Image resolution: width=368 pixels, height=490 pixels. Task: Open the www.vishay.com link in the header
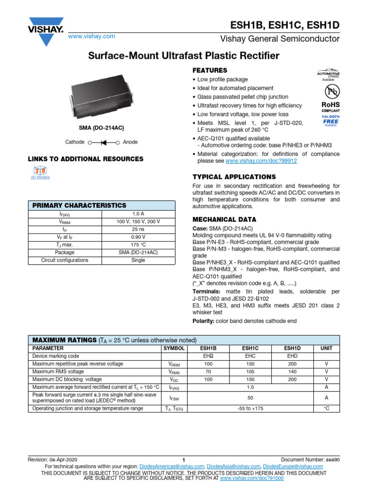[x=92, y=36]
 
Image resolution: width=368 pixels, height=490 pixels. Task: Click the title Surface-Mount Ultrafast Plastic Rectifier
[x=184, y=56]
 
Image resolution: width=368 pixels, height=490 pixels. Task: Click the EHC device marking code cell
[x=250, y=356]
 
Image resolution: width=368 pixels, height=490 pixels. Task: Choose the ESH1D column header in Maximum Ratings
[x=292, y=349]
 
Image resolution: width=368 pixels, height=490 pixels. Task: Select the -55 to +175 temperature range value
[x=250, y=409]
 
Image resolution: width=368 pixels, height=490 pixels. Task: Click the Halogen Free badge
[x=331, y=121]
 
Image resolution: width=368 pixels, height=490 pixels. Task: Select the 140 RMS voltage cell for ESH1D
[x=292, y=371]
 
